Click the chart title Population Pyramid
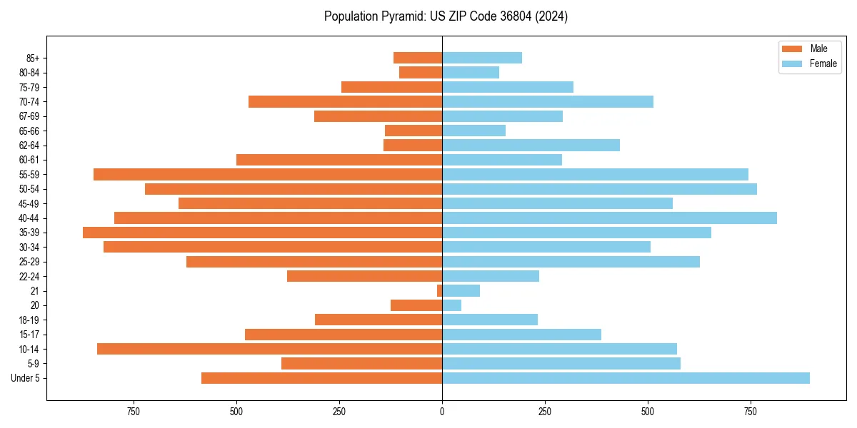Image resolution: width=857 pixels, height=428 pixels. click(x=446, y=16)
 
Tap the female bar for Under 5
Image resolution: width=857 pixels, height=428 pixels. click(x=626, y=378)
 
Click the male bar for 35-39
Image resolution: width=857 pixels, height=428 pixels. click(x=262, y=233)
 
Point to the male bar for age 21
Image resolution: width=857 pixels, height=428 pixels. click(x=440, y=291)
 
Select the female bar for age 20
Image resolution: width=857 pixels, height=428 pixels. click(x=452, y=305)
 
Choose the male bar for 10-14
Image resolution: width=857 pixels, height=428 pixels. click(x=269, y=349)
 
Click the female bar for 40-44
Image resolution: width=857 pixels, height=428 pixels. click(x=609, y=218)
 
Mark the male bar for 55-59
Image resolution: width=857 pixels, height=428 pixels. click(x=268, y=174)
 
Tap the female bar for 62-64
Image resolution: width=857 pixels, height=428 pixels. click(x=531, y=145)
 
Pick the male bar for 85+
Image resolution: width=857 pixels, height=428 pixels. click(x=418, y=58)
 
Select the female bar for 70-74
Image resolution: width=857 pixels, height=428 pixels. click(x=548, y=101)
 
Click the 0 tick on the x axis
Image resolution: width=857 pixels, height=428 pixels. click(x=442, y=412)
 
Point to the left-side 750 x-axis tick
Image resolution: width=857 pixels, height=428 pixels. click(x=134, y=412)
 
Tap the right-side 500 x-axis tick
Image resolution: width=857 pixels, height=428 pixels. click(x=648, y=412)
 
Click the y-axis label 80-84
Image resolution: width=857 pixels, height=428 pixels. click(x=29, y=73)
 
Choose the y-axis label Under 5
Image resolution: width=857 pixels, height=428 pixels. click(x=25, y=378)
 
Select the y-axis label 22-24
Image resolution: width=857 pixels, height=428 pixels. click(x=29, y=276)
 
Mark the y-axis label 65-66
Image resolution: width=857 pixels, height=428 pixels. click(x=29, y=131)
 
